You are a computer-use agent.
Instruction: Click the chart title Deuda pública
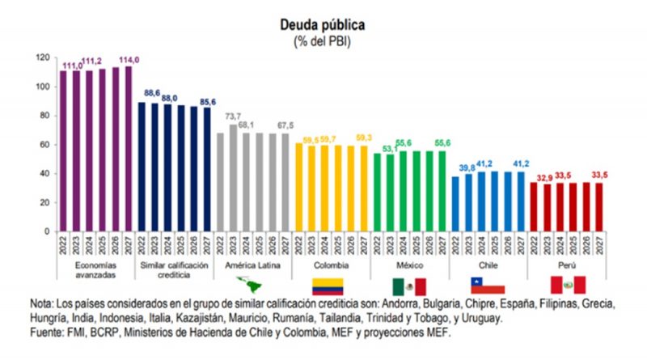tap(323, 25)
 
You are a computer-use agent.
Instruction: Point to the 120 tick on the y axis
tap(44, 58)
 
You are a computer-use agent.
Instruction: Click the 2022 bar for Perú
tap(533, 206)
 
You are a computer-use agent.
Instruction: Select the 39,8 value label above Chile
tap(466, 167)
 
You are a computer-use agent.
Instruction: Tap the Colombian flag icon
tap(328, 285)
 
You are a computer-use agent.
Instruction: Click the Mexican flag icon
tap(409, 285)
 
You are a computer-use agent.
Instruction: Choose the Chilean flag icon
tap(488, 285)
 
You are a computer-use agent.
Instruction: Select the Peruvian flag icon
tap(567, 285)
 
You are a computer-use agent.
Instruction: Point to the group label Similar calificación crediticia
tap(173, 269)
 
